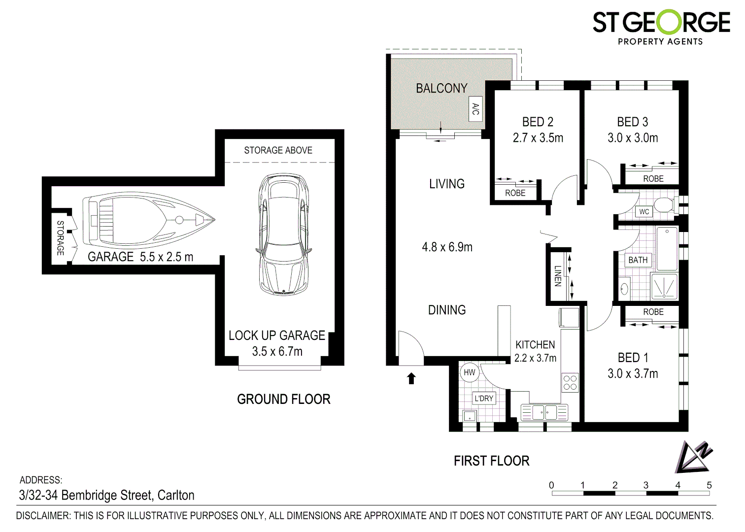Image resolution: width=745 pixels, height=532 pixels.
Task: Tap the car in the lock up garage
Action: click(x=284, y=234)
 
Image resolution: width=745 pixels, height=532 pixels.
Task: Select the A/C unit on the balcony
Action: click(x=475, y=109)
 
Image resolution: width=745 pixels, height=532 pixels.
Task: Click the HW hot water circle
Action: click(x=469, y=372)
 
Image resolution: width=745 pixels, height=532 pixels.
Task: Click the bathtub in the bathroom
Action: click(x=667, y=248)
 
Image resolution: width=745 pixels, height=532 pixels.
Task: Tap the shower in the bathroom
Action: click(x=664, y=286)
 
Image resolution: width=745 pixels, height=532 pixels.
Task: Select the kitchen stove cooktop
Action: click(x=570, y=382)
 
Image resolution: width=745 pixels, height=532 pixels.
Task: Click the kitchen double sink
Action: click(x=544, y=412)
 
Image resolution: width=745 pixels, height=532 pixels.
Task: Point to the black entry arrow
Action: click(x=411, y=378)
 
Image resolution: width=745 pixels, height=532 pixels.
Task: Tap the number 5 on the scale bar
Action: click(x=709, y=485)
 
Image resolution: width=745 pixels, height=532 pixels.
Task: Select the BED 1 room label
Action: click(x=633, y=358)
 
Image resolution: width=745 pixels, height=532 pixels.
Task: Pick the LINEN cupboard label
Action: click(x=558, y=276)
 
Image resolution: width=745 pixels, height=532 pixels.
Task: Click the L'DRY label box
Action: click(x=484, y=398)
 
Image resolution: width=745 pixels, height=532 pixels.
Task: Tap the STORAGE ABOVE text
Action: click(x=278, y=150)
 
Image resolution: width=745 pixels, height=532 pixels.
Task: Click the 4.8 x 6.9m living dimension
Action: click(x=447, y=247)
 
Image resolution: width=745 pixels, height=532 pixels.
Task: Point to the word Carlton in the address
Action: click(x=176, y=496)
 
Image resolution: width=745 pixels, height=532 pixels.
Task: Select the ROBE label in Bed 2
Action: click(x=515, y=193)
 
